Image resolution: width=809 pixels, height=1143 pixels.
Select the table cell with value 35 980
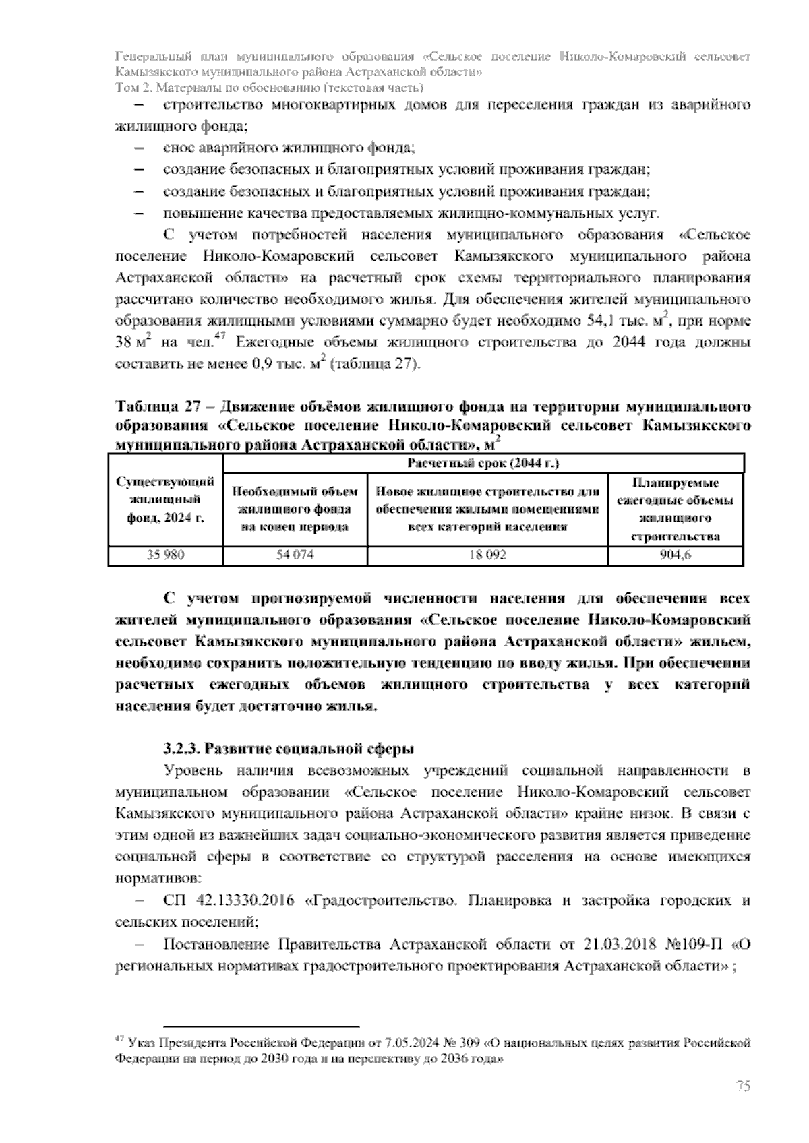click(165, 555)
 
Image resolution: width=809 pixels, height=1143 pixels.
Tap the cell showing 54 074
click(295, 555)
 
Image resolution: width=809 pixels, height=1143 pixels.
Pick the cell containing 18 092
click(487, 555)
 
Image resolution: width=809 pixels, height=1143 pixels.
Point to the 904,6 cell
click(676, 555)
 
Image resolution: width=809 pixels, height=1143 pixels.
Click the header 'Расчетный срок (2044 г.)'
click(483, 464)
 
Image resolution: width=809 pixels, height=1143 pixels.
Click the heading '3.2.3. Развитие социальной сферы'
click(289, 749)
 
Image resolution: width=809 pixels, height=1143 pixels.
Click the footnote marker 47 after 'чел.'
click(220, 338)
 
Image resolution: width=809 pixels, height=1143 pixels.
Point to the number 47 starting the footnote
click(121, 1040)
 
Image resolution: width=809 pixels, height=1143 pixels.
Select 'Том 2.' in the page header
click(133, 88)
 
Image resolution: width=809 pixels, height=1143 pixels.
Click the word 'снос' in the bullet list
click(178, 148)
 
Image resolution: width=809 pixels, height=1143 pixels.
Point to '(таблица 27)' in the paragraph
click(381, 365)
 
